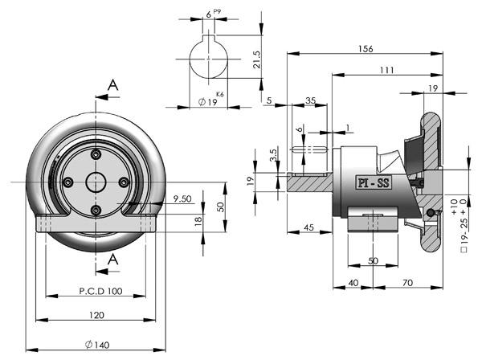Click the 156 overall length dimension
pyautogui.click(x=366, y=49)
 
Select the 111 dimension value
pyautogui.click(x=386, y=71)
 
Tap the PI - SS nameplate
pyautogui.click(x=374, y=183)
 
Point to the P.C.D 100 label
pyautogui.click(x=101, y=291)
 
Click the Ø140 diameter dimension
pyautogui.click(x=97, y=345)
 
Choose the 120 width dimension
pyautogui.click(x=96, y=315)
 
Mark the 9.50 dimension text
pyautogui.click(x=182, y=198)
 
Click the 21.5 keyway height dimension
pyautogui.click(x=257, y=59)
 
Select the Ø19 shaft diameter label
pyautogui.click(x=208, y=102)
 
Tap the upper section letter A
pyautogui.click(x=112, y=85)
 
